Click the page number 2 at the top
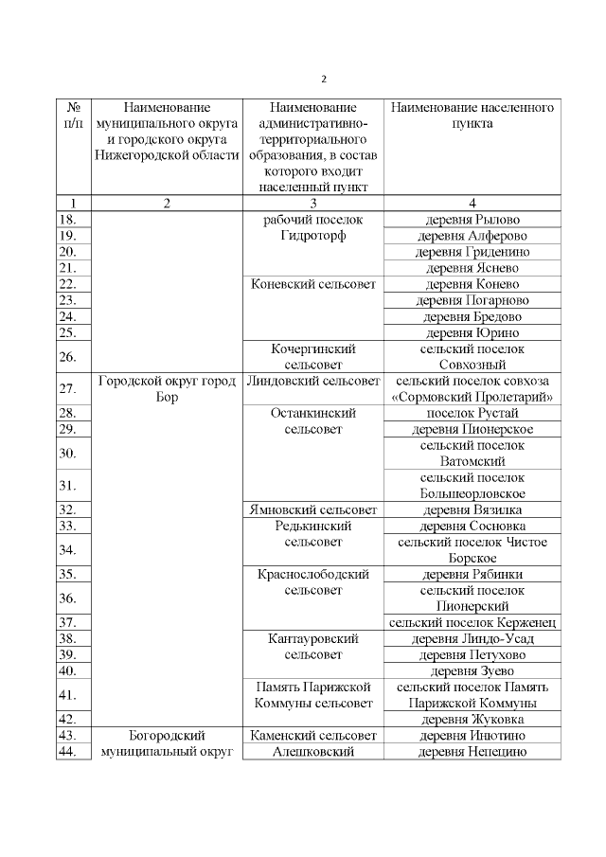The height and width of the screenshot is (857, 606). point(322,79)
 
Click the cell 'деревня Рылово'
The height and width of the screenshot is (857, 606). point(472,220)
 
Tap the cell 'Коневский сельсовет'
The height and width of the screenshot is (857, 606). point(312,284)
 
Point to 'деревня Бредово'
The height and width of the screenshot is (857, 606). point(472,316)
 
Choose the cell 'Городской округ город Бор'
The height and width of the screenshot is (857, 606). point(166,389)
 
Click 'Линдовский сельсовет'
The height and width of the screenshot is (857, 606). point(312,381)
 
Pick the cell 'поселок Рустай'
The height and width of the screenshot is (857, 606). point(472,414)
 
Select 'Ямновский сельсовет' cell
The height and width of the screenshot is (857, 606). point(312,509)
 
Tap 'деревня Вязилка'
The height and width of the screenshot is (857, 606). point(472,509)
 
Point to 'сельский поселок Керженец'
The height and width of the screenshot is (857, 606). point(472,622)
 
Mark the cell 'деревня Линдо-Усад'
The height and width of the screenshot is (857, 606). point(472,639)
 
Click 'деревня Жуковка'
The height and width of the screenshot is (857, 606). point(472,720)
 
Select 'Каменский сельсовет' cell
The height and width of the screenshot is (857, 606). point(312,736)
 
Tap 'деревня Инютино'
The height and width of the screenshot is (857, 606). point(472,736)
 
